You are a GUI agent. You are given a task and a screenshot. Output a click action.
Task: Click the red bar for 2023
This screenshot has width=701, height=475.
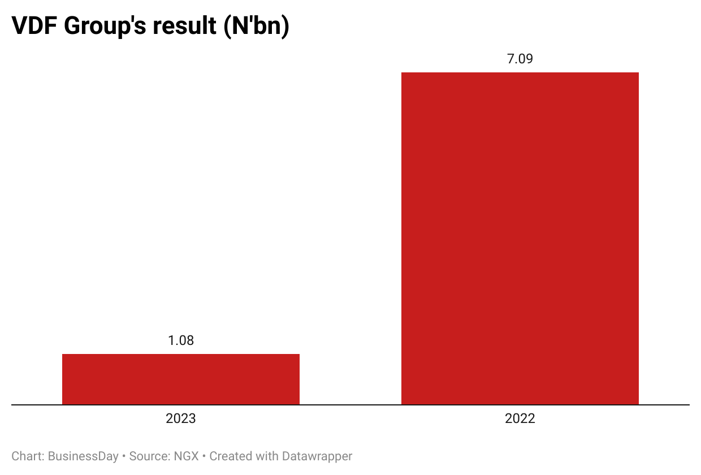click(x=180, y=379)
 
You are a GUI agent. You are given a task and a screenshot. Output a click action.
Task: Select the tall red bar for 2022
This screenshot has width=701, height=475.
click(x=520, y=237)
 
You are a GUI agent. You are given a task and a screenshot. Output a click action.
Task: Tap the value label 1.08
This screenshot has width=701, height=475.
click(x=180, y=340)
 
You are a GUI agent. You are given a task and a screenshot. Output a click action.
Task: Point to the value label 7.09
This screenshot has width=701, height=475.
click(x=520, y=59)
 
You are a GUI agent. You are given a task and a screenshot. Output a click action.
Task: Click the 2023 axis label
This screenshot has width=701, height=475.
click(x=180, y=419)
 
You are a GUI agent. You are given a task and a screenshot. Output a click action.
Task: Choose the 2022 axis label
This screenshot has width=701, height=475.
click(x=520, y=419)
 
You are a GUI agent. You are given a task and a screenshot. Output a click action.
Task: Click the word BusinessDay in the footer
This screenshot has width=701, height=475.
click(x=83, y=456)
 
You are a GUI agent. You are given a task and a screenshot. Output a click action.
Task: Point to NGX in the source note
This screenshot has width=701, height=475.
click(x=186, y=456)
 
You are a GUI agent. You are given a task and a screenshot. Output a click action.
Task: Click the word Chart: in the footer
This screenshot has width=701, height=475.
click(x=28, y=456)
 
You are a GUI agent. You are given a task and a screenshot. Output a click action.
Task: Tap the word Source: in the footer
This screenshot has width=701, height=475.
click(x=150, y=456)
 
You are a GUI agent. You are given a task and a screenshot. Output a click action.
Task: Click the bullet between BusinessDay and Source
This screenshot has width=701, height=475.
click(x=124, y=456)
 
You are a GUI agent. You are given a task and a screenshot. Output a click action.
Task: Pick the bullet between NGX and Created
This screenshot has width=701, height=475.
click(x=204, y=456)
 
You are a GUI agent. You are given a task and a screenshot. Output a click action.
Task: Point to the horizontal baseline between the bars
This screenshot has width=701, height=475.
click(x=350, y=405)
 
